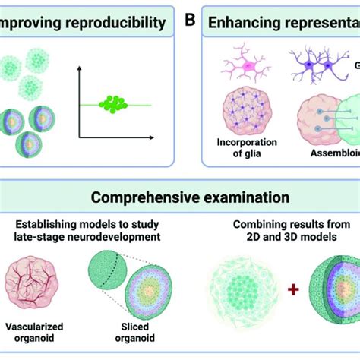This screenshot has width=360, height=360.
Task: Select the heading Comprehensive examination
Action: pyautogui.click(x=179, y=197)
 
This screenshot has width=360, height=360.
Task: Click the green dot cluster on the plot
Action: pyautogui.click(x=115, y=103)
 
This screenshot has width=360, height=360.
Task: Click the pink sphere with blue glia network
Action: pyautogui.click(x=248, y=111)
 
